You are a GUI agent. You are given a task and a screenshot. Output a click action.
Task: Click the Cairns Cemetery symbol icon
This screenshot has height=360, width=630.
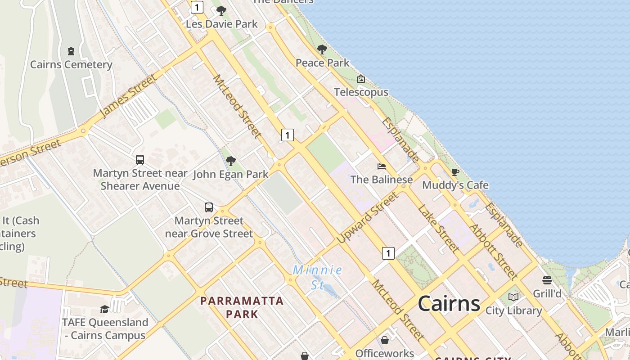[71, 51]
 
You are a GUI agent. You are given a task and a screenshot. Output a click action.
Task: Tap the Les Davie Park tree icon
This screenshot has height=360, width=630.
[221, 11]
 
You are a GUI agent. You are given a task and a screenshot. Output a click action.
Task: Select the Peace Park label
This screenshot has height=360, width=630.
[322, 63]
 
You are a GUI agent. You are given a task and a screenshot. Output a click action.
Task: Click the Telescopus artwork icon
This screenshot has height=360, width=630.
[361, 79]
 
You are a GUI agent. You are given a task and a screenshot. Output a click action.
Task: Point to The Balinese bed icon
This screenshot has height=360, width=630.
[382, 166]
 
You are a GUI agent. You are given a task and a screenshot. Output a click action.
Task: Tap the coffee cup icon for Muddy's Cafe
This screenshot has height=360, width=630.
[455, 172]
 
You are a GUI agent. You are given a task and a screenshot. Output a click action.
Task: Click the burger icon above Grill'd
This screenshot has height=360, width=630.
[547, 281]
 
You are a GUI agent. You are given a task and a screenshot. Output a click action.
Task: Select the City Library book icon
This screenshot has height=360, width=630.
[513, 297]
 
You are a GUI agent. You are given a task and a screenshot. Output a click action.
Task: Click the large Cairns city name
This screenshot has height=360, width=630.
[449, 304]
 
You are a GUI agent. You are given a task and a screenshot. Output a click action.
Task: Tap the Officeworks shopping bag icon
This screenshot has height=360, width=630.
[385, 340]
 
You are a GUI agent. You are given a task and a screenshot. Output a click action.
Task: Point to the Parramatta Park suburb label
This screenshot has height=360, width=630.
[242, 307]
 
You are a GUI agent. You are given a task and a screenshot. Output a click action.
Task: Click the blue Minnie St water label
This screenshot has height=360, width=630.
[318, 277]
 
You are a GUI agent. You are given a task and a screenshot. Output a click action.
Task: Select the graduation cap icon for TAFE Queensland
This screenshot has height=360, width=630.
[105, 309]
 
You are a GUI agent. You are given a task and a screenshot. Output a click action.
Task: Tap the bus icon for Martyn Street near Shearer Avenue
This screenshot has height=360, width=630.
[140, 160]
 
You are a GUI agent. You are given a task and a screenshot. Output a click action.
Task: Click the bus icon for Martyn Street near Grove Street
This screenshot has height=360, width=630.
[209, 207]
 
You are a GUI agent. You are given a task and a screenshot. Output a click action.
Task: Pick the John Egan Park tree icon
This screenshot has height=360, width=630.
[231, 161]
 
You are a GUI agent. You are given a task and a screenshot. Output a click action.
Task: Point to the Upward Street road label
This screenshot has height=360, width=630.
[368, 218]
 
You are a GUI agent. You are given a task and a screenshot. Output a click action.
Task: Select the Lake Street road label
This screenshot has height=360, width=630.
[438, 228]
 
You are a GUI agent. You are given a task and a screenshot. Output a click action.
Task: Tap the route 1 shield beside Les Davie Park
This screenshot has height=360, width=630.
[197, 7]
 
